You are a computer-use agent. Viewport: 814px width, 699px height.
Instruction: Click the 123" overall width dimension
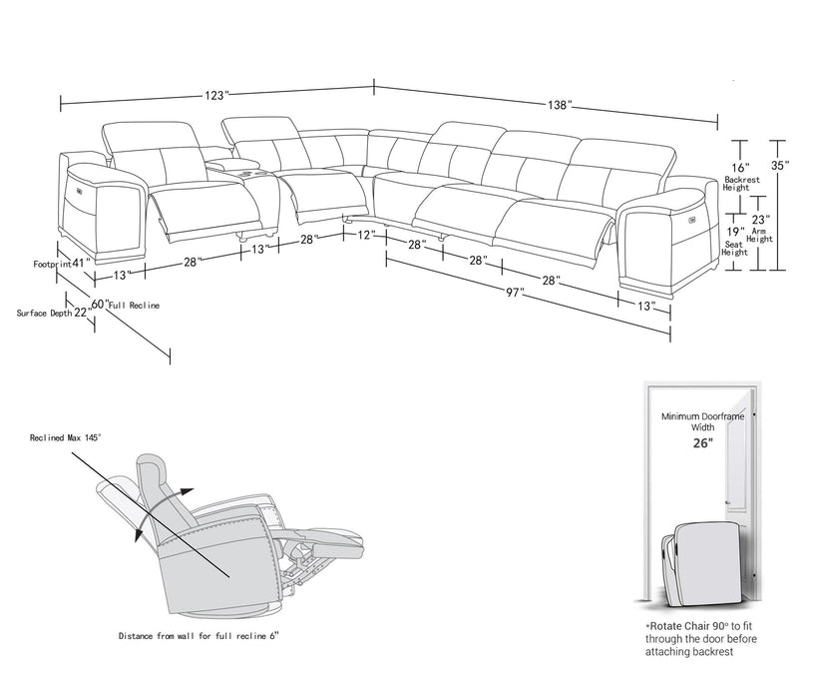pos(214,96)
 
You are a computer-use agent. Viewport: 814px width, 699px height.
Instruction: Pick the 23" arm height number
pos(760,219)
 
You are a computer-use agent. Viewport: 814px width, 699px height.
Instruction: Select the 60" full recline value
pos(99,304)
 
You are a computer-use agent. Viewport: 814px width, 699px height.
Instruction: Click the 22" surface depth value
pos(82,313)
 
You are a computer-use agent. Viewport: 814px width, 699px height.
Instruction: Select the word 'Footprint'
pos(50,264)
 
